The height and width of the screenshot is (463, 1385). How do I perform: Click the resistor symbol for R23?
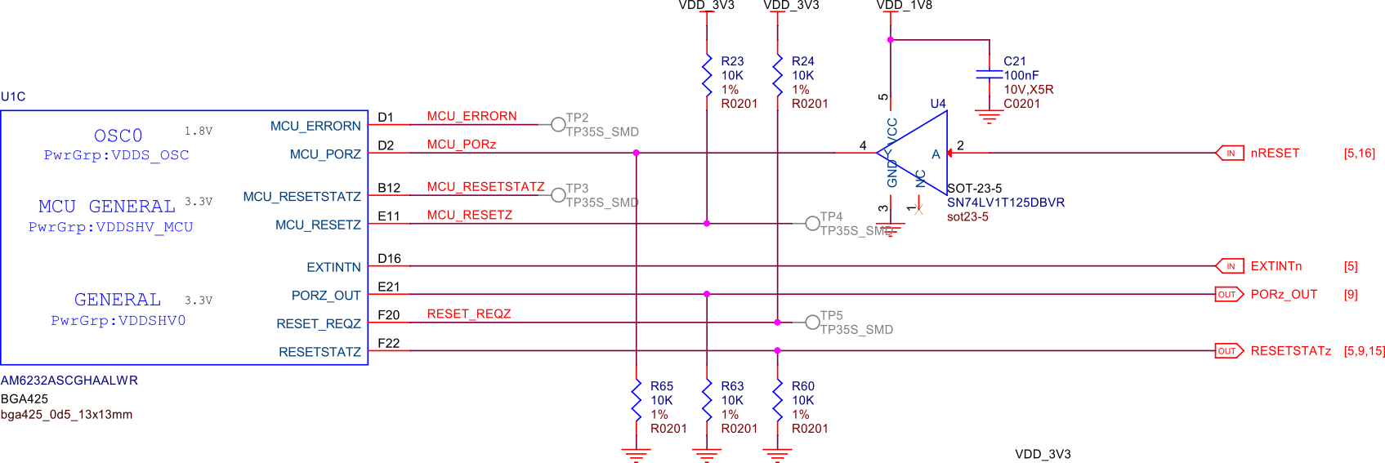(x=707, y=76)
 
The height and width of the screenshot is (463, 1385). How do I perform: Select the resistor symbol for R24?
(x=777, y=76)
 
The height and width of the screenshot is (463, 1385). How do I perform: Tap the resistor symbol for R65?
(x=636, y=401)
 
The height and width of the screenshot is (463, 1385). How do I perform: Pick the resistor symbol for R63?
(x=707, y=401)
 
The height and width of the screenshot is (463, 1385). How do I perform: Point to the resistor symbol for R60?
(x=777, y=401)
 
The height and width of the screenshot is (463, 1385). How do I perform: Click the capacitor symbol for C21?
(x=989, y=74)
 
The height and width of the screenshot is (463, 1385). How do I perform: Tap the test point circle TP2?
(x=558, y=124)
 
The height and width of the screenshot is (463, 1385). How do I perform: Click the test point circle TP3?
(x=558, y=195)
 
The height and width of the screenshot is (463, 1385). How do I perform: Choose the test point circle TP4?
(x=812, y=223)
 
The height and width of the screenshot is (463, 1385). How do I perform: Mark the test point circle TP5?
(x=812, y=323)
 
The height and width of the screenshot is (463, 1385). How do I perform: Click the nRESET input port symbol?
(x=1230, y=153)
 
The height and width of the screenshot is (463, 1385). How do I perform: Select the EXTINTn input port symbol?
(x=1230, y=266)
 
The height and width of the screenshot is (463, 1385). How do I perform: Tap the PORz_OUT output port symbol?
(x=1229, y=294)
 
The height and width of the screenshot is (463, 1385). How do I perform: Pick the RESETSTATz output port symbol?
(x=1229, y=351)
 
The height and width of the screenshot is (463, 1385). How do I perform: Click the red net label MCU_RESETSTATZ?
(x=485, y=187)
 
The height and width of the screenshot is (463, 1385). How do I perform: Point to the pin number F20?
(x=388, y=315)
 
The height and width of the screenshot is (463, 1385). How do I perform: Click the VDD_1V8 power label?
(x=904, y=5)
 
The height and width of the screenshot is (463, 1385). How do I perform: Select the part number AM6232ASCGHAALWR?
(x=69, y=381)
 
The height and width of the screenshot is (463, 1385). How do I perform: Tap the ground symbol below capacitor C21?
(x=989, y=116)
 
